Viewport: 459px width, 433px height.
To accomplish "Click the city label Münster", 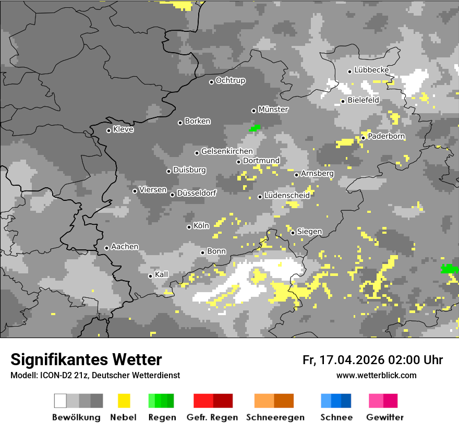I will [x=273, y=110].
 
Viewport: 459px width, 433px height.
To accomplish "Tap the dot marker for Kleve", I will [x=108, y=130].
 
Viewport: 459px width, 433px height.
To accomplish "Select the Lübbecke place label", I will [x=371, y=70].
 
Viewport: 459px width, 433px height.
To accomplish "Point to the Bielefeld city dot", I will [x=343, y=101].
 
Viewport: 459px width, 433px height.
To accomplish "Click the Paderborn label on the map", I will [x=386, y=136].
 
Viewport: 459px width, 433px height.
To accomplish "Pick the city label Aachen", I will [x=125, y=246].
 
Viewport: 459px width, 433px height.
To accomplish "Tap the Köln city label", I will [x=201, y=226].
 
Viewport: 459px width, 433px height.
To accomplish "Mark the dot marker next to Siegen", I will [x=293, y=233].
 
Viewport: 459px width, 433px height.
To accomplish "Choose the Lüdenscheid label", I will [x=287, y=195].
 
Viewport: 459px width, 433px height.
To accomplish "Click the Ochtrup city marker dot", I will [x=211, y=82].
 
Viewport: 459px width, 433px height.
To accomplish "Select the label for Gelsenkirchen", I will [x=227, y=151].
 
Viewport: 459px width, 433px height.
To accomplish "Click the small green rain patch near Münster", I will [x=255, y=128].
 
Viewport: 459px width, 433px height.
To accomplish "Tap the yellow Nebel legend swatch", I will [x=124, y=401].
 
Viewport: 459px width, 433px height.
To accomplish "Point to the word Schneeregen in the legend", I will [x=275, y=417].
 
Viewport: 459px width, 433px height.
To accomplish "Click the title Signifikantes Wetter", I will [x=86, y=359].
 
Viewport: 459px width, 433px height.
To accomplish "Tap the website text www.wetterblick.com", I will [x=376, y=376].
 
